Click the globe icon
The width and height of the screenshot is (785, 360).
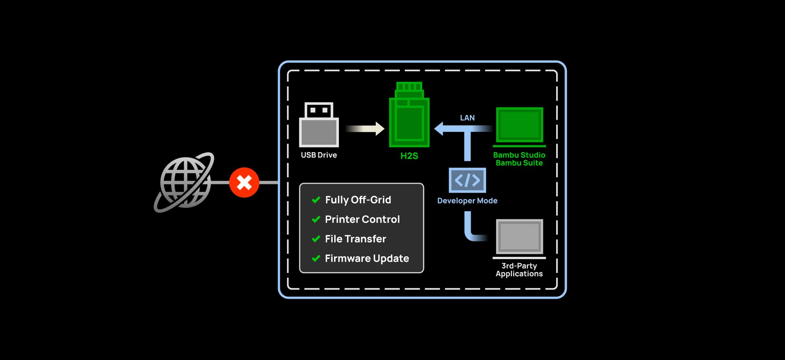(184, 182)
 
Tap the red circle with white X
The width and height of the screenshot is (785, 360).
(244, 182)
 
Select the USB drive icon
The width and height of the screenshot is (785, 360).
(319, 125)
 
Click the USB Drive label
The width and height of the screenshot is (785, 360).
(319, 155)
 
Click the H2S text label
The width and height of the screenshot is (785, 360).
(409, 156)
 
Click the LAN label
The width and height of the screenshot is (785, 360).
(467, 118)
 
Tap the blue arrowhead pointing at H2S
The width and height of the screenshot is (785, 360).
(440, 129)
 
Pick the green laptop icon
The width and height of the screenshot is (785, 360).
(519, 126)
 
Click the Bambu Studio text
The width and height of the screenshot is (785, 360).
(519, 155)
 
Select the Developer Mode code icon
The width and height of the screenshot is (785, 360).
(467, 180)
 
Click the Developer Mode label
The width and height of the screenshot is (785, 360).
(467, 200)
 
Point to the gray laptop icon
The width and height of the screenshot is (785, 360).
(519, 238)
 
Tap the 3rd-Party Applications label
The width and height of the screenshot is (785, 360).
(519, 269)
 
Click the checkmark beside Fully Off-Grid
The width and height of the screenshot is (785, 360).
(316, 200)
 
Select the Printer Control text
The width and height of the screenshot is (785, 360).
(362, 219)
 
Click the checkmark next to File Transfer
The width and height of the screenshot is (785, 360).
(316, 239)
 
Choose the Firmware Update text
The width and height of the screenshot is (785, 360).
(367, 258)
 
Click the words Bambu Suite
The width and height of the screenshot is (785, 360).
(519, 163)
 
